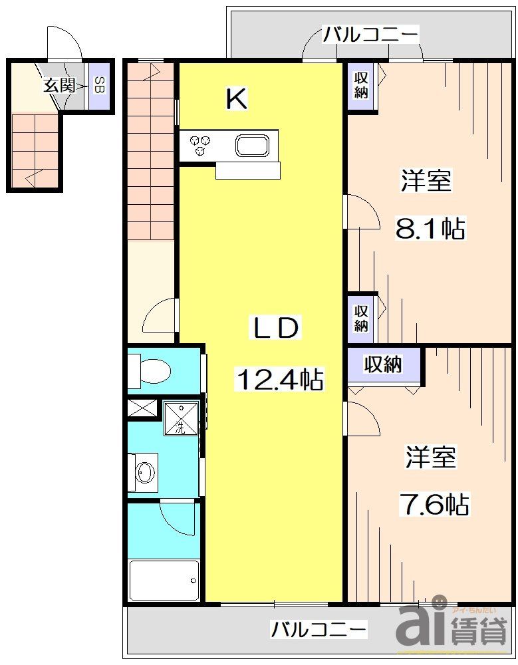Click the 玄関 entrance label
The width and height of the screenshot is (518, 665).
click(x=58, y=85)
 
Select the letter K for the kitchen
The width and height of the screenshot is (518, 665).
click(x=237, y=100)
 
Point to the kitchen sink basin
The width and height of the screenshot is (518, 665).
click(x=252, y=145)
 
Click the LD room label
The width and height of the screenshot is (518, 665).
click(x=276, y=328)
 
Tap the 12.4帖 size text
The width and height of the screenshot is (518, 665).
click(x=280, y=380)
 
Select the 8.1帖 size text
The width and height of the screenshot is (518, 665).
click(x=430, y=229)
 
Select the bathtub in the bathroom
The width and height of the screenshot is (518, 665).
click(x=164, y=581)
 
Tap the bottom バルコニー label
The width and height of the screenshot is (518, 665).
click(x=319, y=628)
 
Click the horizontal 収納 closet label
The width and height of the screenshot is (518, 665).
click(x=383, y=364)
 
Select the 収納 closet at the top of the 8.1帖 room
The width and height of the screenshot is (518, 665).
click(x=361, y=84)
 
